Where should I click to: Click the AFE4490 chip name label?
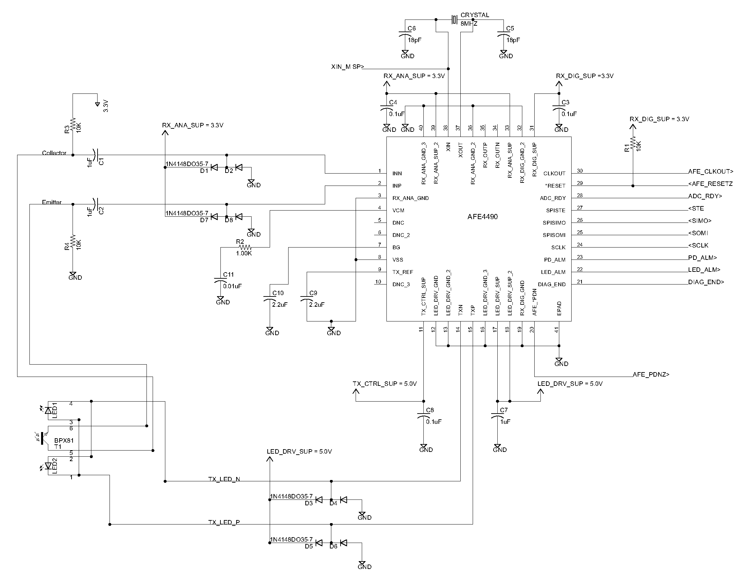point(482,216)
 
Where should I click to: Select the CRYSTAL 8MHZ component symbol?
point(455,20)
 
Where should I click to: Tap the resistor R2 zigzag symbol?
point(245,247)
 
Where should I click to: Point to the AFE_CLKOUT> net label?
point(711,172)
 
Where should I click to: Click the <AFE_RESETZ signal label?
point(710,184)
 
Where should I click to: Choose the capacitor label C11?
point(228,275)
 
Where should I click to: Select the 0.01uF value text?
point(232,286)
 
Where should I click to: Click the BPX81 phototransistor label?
point(64,441)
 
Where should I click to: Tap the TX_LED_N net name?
point(224,479)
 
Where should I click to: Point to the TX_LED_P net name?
point(224,522)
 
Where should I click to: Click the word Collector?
point(54,153)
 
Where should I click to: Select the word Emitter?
point(52,202)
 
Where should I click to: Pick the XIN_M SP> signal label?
point(347,67)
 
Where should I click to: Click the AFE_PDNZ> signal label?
point(651,375)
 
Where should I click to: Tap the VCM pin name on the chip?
point(398,210)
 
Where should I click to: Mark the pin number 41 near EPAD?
point(556,330)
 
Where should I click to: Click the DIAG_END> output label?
point(706,282)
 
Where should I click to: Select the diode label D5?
point(309,546)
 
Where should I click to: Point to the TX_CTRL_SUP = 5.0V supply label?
point(385,384)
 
